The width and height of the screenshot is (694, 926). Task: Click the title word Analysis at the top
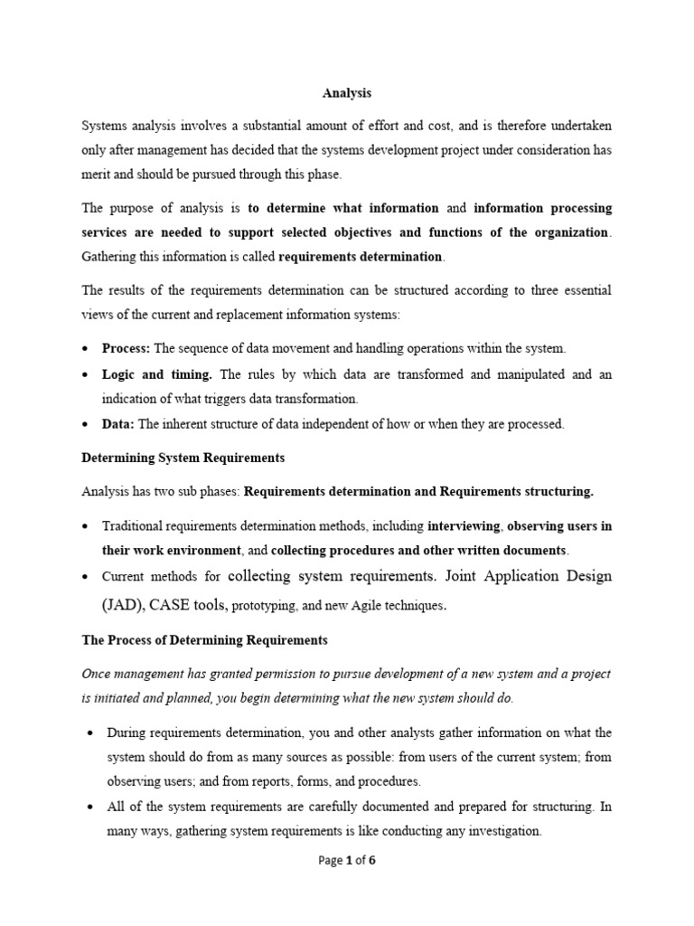pos(347,92)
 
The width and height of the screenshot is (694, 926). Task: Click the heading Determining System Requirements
pos(183,458)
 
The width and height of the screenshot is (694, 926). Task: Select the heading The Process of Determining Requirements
pos(204,640)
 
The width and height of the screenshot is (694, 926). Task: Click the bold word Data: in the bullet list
pos(117,423)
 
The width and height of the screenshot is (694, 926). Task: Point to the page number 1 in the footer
pos(347,860)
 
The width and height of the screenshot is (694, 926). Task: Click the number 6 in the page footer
pos(370,860)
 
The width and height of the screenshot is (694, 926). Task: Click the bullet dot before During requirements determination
pos(89,732)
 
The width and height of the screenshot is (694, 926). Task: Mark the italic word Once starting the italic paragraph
pos(97,673)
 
